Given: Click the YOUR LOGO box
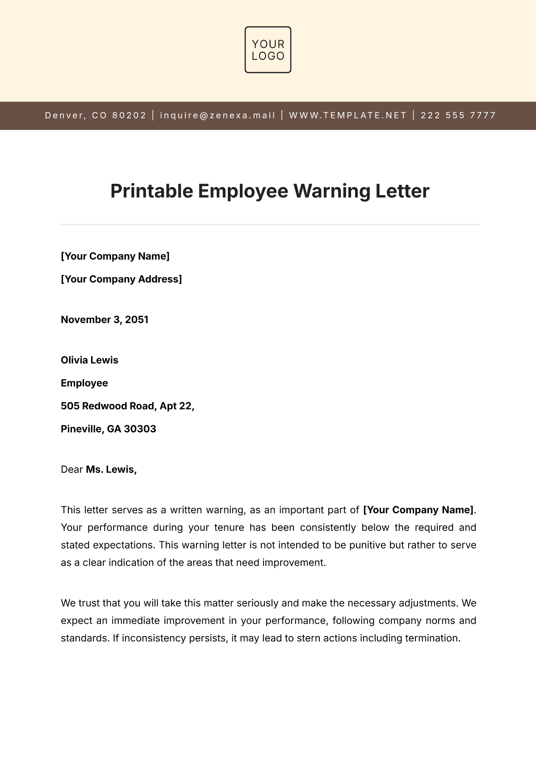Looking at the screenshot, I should (268, 50).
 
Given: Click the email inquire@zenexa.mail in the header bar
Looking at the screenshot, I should (218, 115).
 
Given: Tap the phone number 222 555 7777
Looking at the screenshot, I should (458, 115).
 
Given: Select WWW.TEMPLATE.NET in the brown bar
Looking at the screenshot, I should (348, 115).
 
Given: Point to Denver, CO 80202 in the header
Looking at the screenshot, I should (96, 115).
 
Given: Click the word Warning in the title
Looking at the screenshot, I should (331, 191).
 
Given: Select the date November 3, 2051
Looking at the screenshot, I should (105, 320).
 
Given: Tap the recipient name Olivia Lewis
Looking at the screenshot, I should (89, 360).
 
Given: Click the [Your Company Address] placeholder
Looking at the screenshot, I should (121, 279).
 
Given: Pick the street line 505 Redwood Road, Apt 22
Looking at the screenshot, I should (127, 406).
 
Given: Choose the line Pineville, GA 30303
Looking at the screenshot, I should (109, 429).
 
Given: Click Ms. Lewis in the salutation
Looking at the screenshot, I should (111, 470).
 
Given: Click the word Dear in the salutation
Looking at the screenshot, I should (72, 470).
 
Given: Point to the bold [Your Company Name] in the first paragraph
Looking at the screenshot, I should (419, 510).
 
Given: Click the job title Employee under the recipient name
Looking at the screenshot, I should (84, 383).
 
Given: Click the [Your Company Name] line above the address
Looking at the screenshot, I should (115, 256).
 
